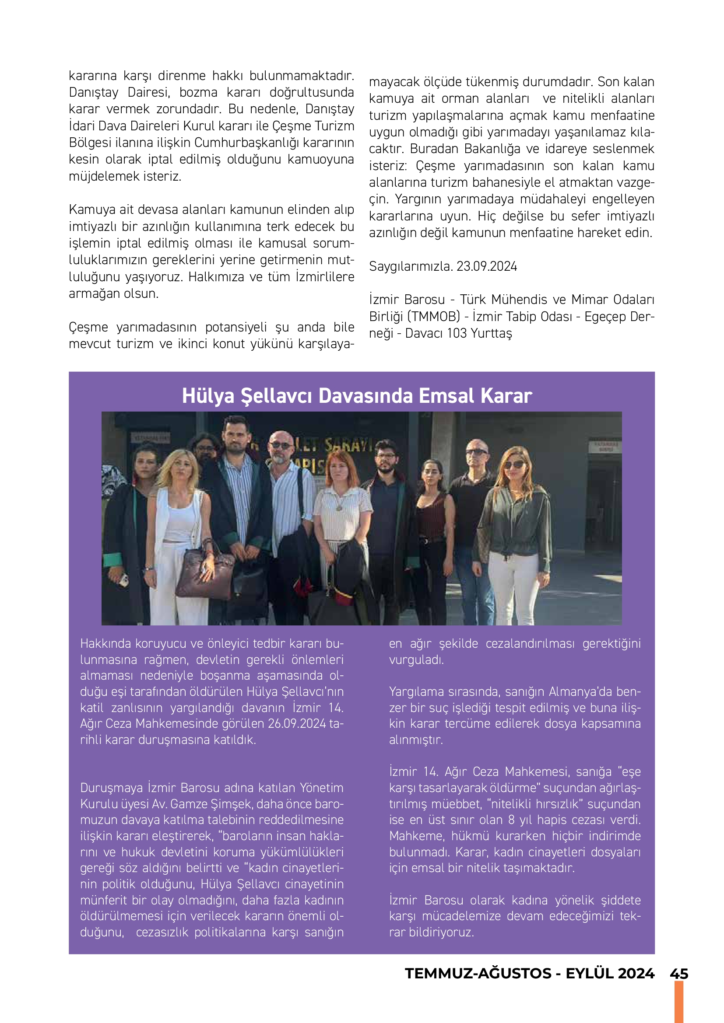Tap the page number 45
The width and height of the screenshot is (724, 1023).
pyautogui.click(x=678, y=974)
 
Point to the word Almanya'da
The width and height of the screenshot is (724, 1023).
pyautogui.click(x=580, y=691)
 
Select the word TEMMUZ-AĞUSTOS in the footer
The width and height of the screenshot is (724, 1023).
pyautogui.click(x=478, y=974)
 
